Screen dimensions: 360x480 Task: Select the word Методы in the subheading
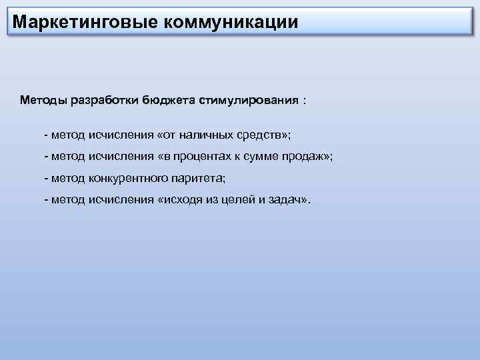[43, 100]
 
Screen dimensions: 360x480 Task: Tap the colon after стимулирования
[305, 100]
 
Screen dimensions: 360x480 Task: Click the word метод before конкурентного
[69, 178]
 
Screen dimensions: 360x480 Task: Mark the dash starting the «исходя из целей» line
[45, 199]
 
